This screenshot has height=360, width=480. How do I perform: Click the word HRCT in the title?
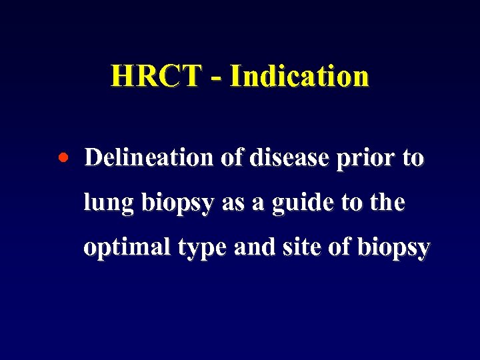click(155, 76)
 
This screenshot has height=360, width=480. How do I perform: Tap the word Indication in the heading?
click(299, 76)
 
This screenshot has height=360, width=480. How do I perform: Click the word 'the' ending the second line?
click(387, 202)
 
